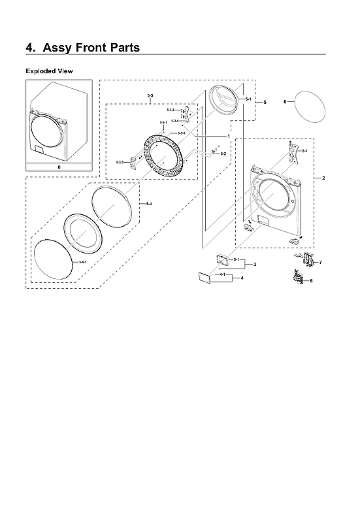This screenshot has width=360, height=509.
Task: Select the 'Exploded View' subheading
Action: pos(49,71)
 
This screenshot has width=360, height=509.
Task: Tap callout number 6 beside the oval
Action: pos(285,102)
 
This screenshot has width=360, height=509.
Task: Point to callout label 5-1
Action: pos(248,99)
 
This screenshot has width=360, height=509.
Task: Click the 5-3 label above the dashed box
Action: pos(150,96)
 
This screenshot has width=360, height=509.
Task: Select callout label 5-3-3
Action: pos(120,161)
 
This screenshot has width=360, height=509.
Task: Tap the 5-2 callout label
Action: pos(223,154)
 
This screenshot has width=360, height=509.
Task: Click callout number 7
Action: pos(320,262)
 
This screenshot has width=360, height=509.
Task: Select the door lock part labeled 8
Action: pos(299,279)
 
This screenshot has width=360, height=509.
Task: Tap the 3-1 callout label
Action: pos(236,260)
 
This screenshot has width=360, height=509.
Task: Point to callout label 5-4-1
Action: pos(82,262)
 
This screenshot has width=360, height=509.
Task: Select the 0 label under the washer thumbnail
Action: pos(58,167)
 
